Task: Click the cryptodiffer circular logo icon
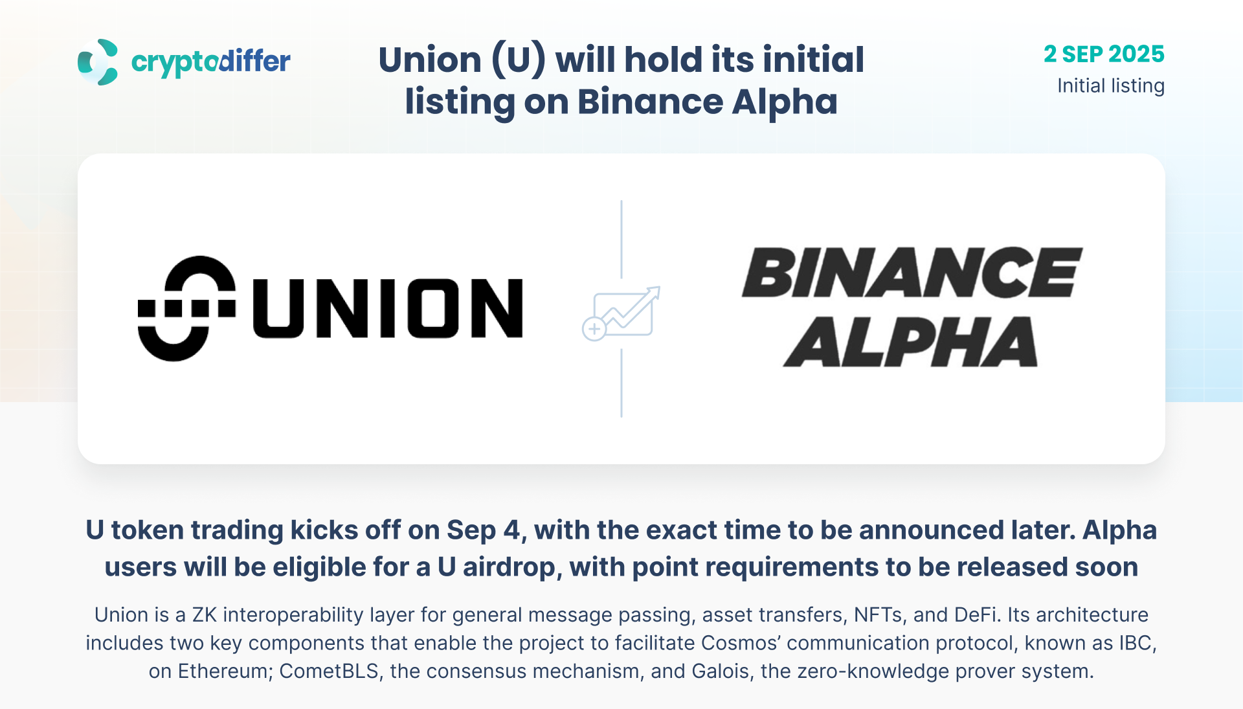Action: [x=98, y=62]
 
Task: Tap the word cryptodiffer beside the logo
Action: [x=210, y=62]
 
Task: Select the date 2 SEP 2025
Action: [x=1104, y=54]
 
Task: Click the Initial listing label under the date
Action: [x=1111, y=85]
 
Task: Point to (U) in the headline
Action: [x=519, y=60]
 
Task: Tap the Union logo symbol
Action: [x=186, y=308]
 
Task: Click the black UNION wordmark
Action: [x=388, y=308]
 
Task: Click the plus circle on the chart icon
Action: [x=594, y=329]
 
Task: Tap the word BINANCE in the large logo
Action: [x=912, y=273]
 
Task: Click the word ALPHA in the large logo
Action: [x=911, y=342]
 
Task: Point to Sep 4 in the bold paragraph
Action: [x=484, y=530]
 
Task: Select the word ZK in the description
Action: [x=205, y=614]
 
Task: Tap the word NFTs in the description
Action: [x=878, y=614]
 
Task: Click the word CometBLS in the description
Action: [x=329, y=671]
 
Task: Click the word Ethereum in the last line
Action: [x=223, y=671]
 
